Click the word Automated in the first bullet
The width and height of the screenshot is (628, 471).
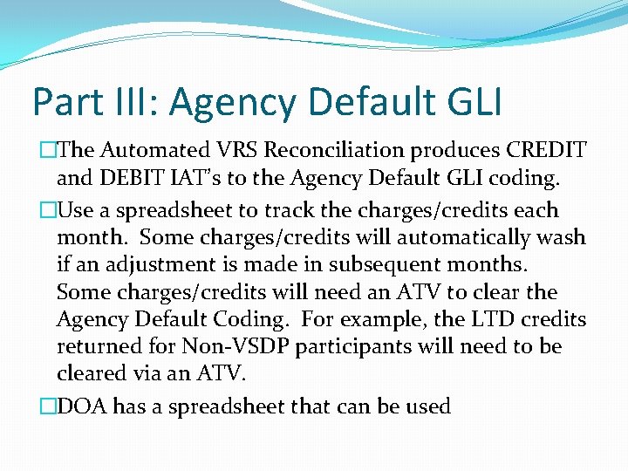148,152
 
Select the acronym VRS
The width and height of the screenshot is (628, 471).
232,152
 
